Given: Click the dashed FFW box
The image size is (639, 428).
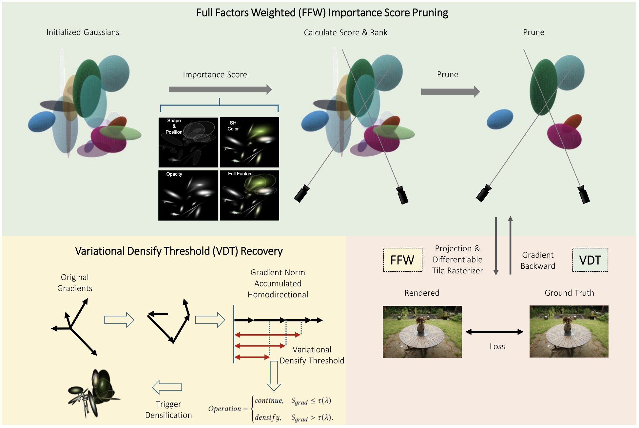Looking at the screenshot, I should point(402,260).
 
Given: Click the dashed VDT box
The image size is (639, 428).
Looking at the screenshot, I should point(590,260).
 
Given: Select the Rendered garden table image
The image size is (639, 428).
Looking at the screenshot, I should point(422,332).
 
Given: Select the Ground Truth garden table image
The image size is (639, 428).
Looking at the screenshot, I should point(569,331).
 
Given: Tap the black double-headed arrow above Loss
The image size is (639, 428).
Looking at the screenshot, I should point(494,332).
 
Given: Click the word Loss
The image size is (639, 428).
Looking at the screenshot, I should point(497,346).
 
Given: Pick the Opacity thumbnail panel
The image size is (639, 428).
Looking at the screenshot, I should point(188,195).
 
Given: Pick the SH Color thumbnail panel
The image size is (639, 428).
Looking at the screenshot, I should point(249,142).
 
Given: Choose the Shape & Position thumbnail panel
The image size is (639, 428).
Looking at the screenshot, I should point(188,142).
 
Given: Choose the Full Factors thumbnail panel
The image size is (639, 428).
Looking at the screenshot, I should point(249,195).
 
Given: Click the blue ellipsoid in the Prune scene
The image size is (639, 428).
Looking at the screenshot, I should point(500,119).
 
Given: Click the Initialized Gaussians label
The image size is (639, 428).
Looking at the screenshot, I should point(83,32).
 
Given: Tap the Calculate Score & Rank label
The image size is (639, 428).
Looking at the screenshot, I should point(345,32).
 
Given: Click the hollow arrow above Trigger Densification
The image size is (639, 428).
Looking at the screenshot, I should point(167,387).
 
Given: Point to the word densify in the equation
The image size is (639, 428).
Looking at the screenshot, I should point(268,417).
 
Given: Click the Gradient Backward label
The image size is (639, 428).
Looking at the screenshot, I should point(538,261).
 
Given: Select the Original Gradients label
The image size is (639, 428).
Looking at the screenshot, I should point(75,282).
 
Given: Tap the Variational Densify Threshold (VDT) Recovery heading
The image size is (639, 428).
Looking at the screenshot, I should point(179,251).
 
